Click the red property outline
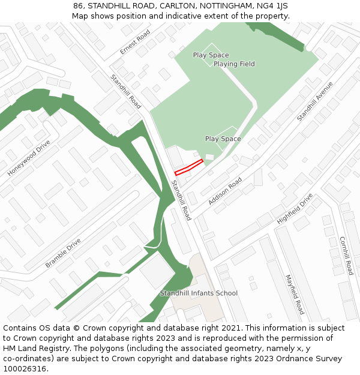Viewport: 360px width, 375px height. coord(188,167)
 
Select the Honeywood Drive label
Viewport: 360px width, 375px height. coord(29,157)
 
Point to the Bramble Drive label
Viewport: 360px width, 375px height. coord(63,253)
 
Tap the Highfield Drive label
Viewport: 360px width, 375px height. coord(295,209)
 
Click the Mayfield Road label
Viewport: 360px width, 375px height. coord(295,295)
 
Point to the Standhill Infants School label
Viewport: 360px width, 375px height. coord(199,293)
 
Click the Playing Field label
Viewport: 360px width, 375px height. coord(234,64)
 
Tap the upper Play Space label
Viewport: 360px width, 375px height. coord(211,55)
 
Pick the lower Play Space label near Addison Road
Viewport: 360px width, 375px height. coord(223,139)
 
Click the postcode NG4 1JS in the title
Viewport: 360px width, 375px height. coord(272,5)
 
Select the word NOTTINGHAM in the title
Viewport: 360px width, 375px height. coord(223,5)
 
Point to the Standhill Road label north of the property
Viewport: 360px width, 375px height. coord(125,91)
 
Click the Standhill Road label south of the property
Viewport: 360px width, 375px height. coord(181,200)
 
